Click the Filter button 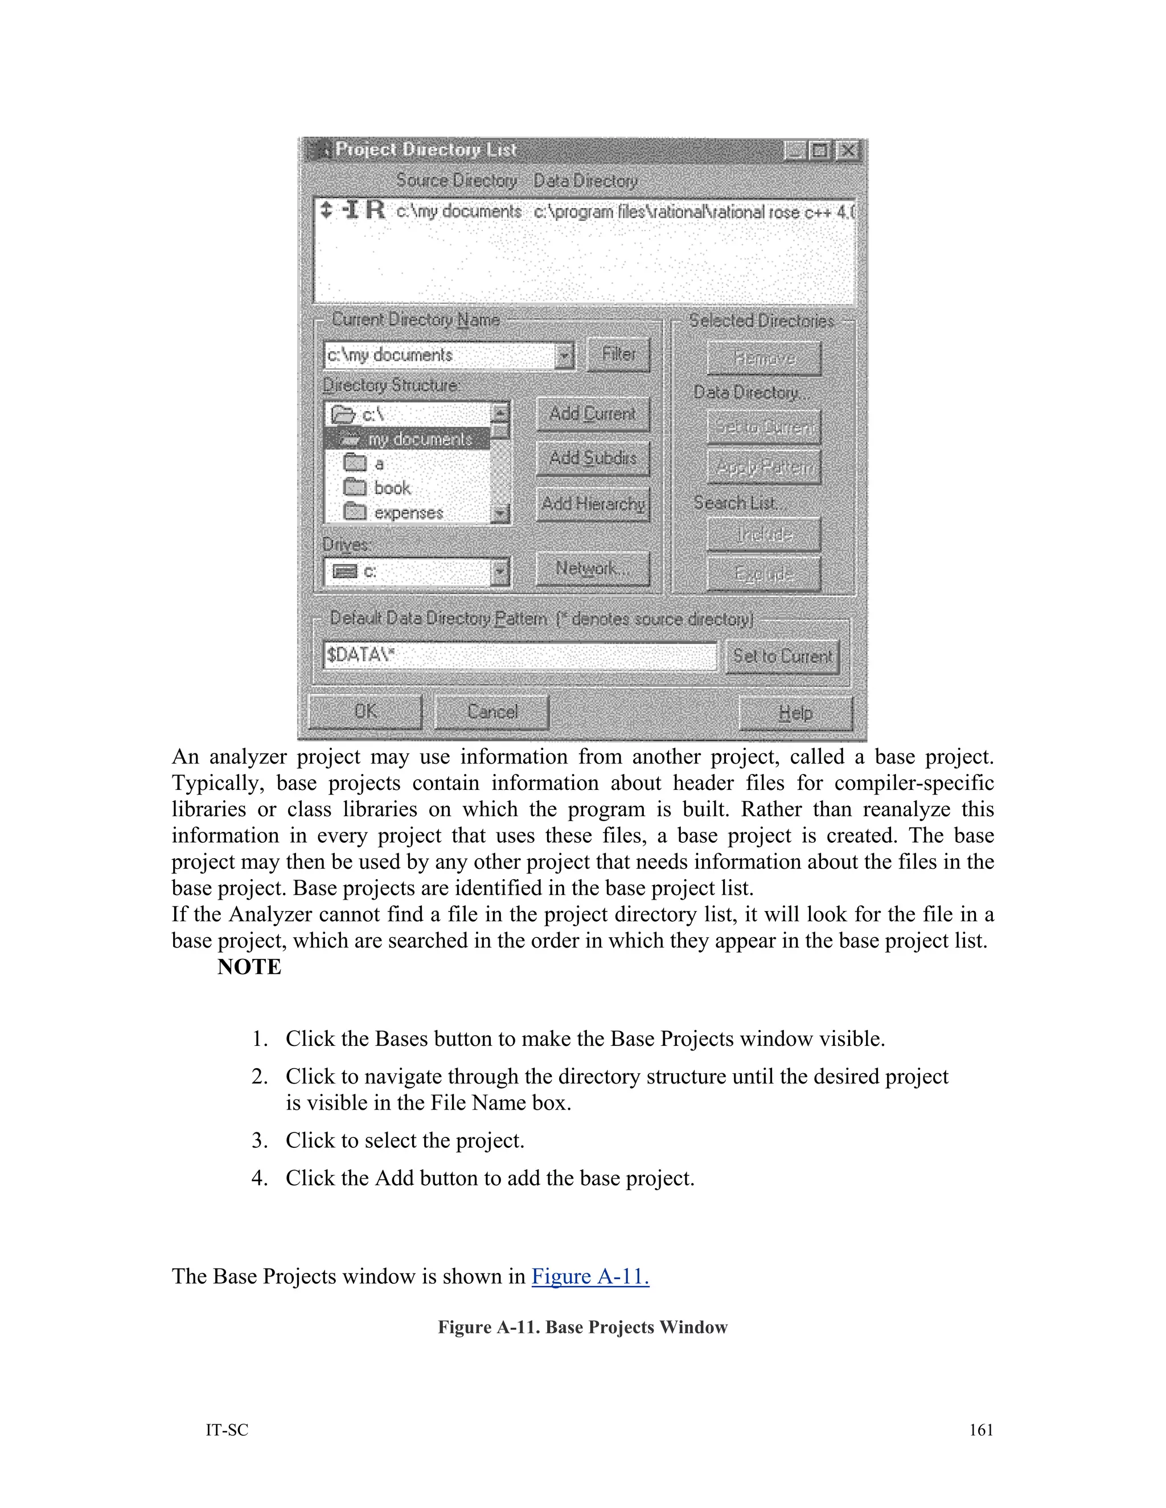618,354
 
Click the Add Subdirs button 593,459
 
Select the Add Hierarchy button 593,504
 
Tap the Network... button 593,569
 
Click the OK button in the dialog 365,712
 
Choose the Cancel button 492,712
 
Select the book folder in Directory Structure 392,488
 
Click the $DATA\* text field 519,655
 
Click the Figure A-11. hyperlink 590,1277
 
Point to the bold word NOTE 249,967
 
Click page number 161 981,1430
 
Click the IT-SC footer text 227,1430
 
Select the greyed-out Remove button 764,359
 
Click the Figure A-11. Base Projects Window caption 582,1328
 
